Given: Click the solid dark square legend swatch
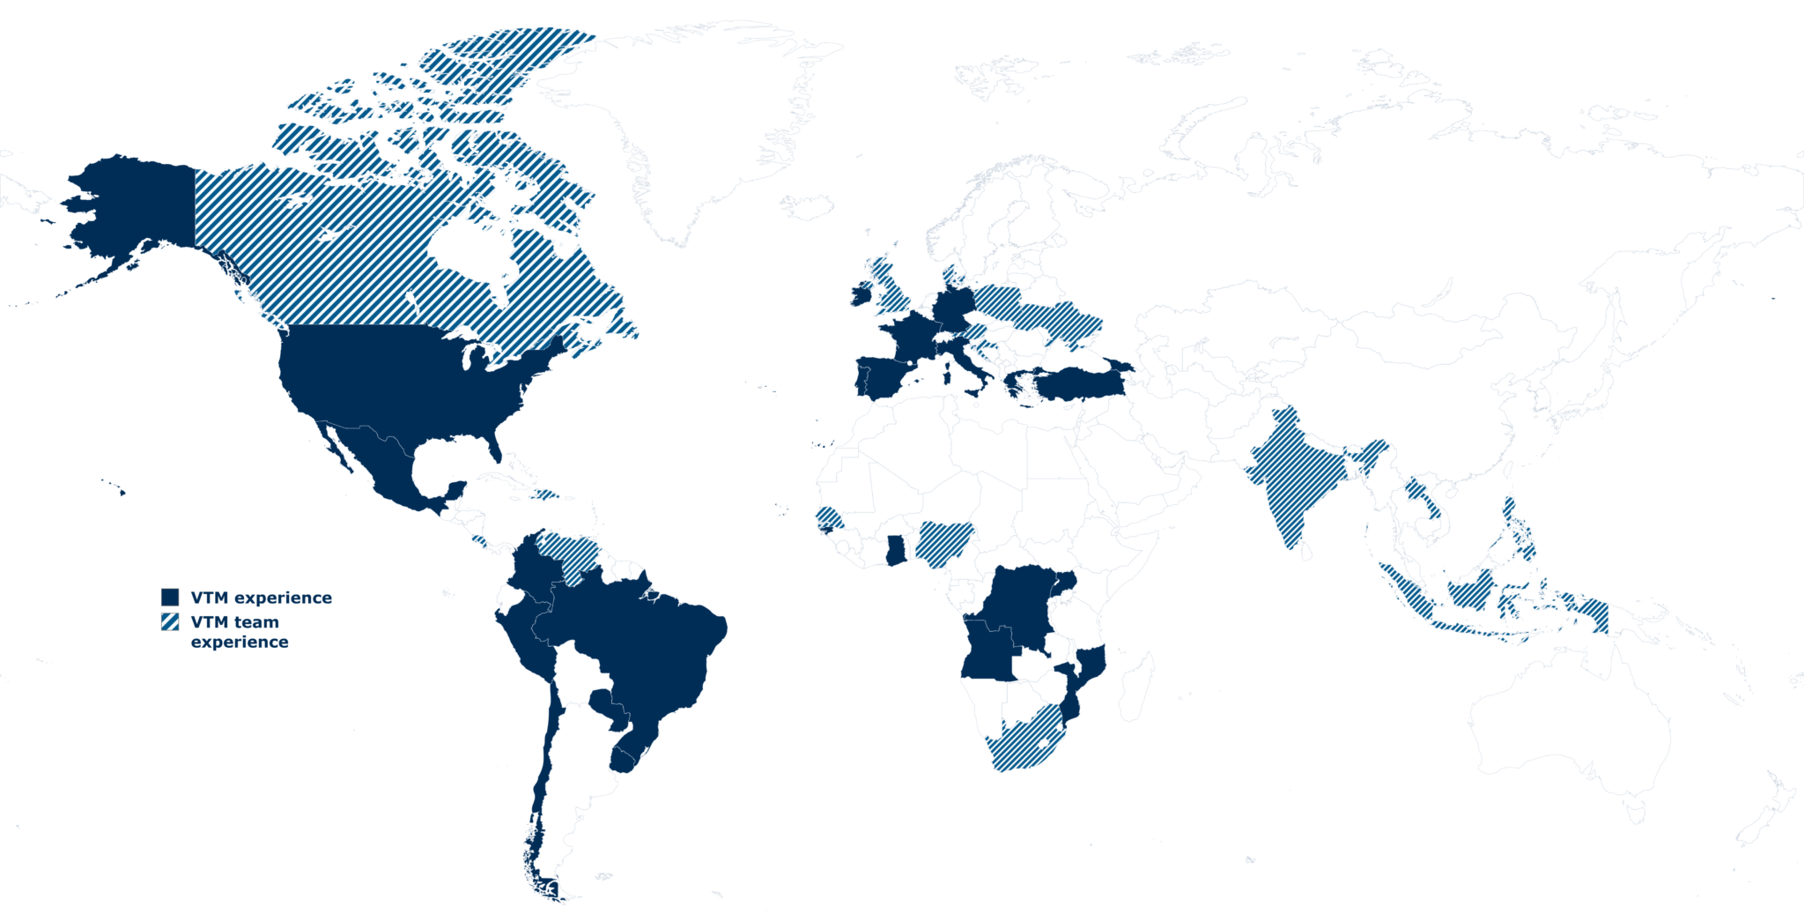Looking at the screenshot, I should pyautogui.click(x=171, y=597).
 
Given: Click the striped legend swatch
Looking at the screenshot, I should pyautogui.click(x=171, y=621).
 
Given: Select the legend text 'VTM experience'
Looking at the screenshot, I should pyautogui.click(x=261, y=598).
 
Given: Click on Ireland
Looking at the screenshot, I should pyautogui.click(x=859, y=294).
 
